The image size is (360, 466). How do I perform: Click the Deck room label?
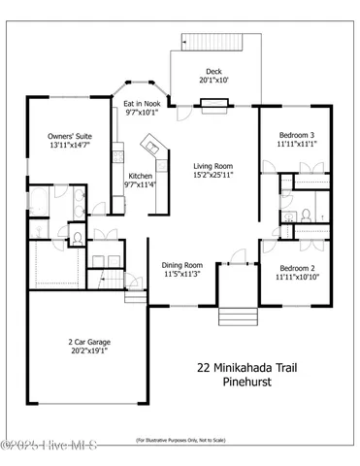[213, 76]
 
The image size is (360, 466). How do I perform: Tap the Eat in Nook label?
[142, 107]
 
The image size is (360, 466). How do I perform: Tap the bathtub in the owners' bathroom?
[36, 203]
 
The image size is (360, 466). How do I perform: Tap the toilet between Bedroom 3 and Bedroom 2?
[304, 215]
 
